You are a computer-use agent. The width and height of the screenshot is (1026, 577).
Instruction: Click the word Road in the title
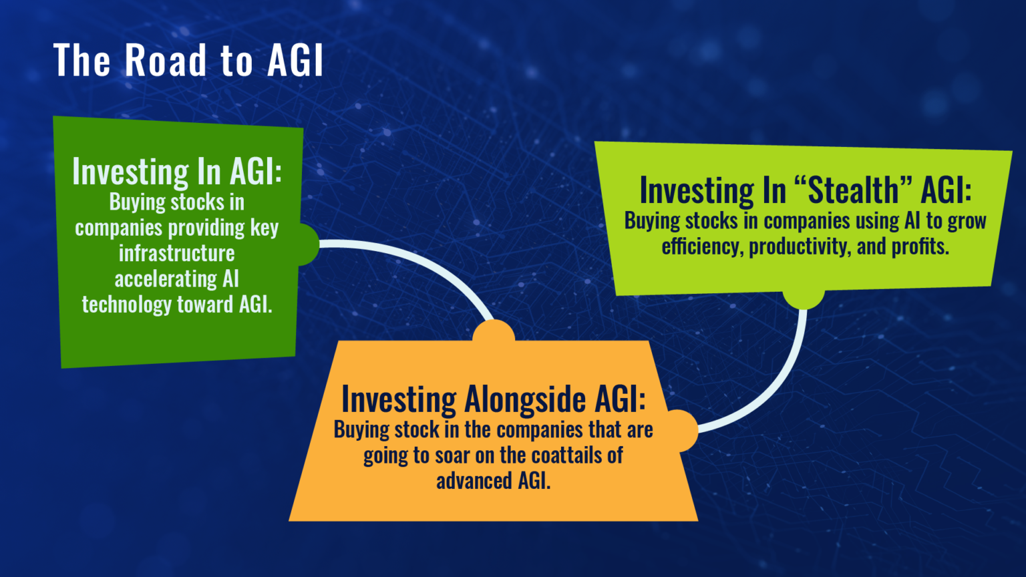[x=166, y=61]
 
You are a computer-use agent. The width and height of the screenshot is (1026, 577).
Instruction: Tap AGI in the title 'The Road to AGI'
[x=295, y=61]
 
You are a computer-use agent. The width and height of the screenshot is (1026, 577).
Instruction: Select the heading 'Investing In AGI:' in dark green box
[x=177, y=172]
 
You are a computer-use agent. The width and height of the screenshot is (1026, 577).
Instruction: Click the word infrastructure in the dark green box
[x=177, y=253]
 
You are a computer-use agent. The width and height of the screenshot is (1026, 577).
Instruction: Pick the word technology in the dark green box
[x=127, y=305]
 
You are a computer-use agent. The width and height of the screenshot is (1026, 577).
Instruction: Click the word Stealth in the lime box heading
[x=853, y=190]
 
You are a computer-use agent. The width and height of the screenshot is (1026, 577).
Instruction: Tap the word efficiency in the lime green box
[x=701, y=246]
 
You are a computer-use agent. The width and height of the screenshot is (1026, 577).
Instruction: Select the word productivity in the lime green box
[x=799, y=246]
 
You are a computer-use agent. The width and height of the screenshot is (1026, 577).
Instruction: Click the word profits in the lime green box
[x=920, y=246]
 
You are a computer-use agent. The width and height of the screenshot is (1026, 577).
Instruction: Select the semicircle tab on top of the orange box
[x=494, y=333]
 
